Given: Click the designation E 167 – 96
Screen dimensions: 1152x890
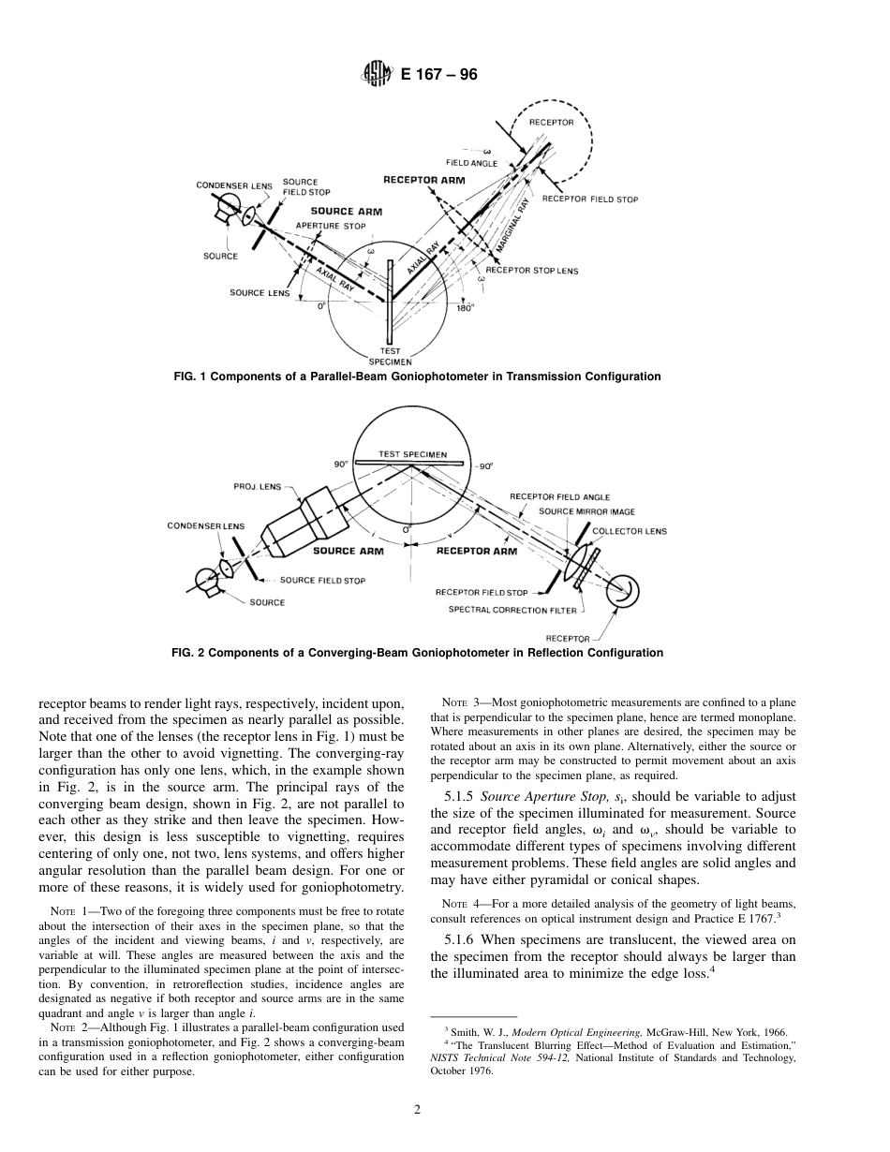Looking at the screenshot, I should click(x=438, y=75).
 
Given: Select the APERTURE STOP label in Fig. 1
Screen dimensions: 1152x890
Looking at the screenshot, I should click(x=331, y=226).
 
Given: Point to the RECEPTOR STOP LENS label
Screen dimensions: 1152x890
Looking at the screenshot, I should click(x=531, y=271).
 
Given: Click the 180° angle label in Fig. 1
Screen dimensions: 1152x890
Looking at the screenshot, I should click(x=465, y=307).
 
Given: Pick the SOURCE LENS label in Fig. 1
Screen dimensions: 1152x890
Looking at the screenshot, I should click(x=260, y=292).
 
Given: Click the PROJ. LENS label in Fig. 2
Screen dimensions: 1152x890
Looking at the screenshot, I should click(x=257, y=486).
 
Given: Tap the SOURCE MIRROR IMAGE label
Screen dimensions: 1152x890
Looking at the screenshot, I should click(x=586, y=511).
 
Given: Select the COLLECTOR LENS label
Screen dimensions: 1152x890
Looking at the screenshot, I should click(x=630, y=531).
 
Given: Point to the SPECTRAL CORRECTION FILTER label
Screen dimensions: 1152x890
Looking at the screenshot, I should click(x=512, y=610).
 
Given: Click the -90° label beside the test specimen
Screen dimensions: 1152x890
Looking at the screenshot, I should click(x=483, y=465).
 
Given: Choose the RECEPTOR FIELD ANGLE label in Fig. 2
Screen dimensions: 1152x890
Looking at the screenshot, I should click(x=559, y=496).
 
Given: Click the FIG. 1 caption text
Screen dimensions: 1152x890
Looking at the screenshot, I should click(x=417, y=377).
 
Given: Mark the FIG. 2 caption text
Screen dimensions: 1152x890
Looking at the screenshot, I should click(x=417, y=653).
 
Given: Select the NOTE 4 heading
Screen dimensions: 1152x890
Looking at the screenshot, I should click(x=460, y=904).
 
